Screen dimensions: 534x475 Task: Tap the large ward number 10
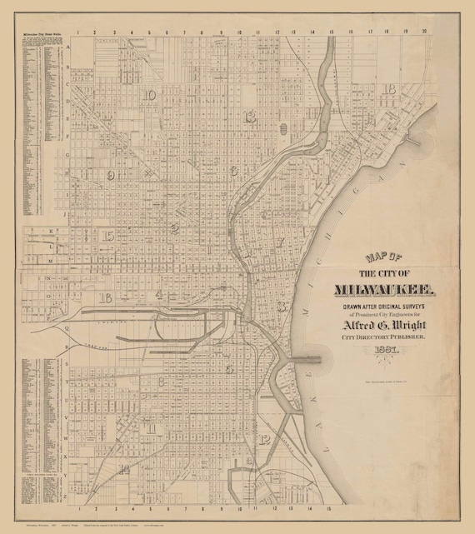(x=149, y=96)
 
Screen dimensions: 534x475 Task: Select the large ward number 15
(x=108, y=237)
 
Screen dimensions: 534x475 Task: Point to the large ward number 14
(x=123, y=470)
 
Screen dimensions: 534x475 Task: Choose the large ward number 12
(x=265, y=439)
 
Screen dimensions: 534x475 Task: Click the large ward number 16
(x=105, y=297)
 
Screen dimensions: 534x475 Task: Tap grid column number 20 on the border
(x=425, y=33)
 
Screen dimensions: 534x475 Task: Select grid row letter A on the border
(x=69, y=47)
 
